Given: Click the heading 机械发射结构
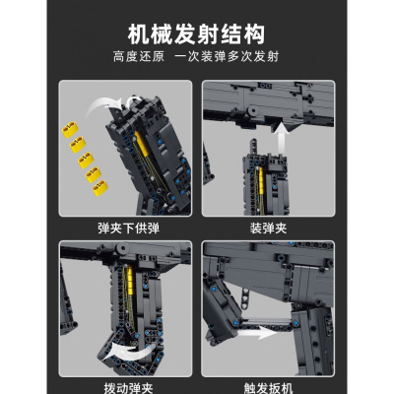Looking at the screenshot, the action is click(196, 34).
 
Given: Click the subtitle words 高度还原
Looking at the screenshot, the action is click(139, 56).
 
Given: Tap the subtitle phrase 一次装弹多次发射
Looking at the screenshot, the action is click(227, 56).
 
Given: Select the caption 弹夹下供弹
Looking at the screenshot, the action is click(128, 229).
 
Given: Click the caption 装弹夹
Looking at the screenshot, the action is click(268, 229).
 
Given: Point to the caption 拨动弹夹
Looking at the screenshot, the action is click(128, 388).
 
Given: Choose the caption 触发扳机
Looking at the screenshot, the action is click(268, 388).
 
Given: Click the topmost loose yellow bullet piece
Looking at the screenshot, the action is click(70, 129).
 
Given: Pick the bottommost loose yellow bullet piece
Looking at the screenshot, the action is click(100, 187).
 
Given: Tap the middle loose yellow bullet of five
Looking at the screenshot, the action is click(86, 160).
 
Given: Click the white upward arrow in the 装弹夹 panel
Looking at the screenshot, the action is click(281, 137).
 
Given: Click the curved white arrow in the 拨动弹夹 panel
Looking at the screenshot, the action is click(131, 352).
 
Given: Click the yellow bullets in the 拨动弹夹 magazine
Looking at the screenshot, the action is click(130, 280).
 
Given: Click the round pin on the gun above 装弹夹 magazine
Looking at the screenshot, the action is click(252, 110).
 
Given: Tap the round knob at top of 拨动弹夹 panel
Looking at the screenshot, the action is click(122, 248).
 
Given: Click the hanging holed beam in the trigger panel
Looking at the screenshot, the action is click(244, 295).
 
